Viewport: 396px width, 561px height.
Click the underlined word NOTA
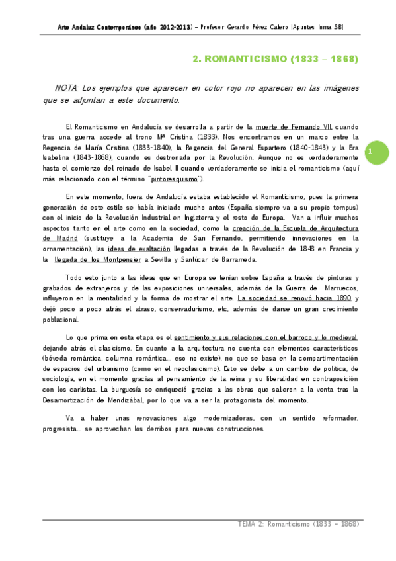pyautogui.click(x=67, y=87)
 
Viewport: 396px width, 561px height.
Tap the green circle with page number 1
pyautogui.click(x=372, y=152)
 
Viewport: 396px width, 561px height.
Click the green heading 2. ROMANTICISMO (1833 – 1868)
pyautogui.click(x=275, y=59)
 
